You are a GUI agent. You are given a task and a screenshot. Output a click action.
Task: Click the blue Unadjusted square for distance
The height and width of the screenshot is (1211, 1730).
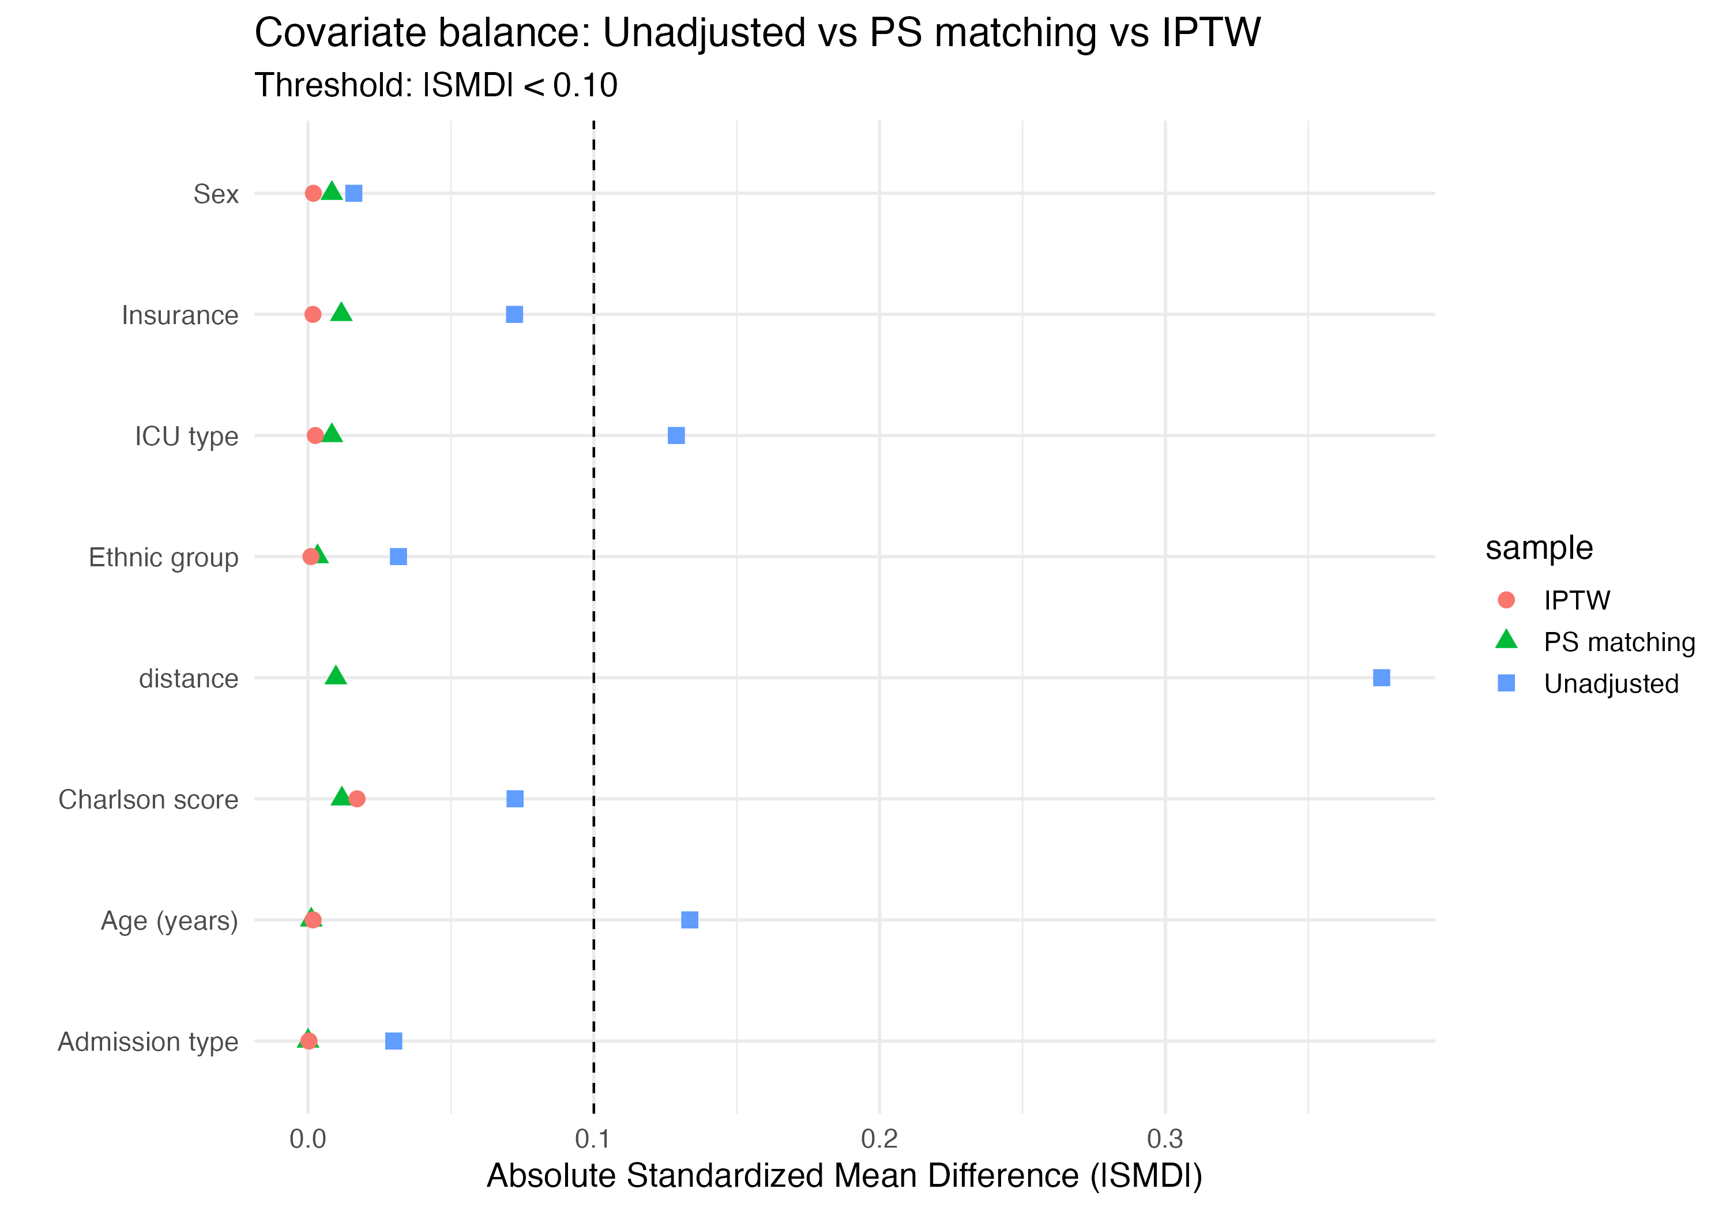click(x=1381, y=678)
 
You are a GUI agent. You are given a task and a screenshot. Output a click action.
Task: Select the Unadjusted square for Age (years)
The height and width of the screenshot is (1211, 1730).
click(x=690, y=919)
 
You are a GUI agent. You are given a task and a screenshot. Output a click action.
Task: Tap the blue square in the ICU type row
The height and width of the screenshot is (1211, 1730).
click(x=676, y=435)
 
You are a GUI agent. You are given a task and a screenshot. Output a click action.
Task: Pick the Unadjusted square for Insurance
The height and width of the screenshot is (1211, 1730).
click(x=514, y=314)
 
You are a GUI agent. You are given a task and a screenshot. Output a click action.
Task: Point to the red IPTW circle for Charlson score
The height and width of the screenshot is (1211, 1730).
click(x=357, y=799)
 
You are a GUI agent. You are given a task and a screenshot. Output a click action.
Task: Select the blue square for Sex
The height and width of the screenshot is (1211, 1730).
click(x=353, y=194)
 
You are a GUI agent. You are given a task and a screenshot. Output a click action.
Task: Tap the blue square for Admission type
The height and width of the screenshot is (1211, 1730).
click(x=393, y=1041)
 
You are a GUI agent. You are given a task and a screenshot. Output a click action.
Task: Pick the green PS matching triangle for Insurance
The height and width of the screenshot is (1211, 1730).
click(x=341, y=313)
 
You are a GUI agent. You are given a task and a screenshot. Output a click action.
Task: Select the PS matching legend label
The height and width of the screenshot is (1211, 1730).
click(x=1619, y=642)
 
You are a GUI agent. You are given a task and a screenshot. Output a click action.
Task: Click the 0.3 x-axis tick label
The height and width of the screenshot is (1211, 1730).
click(x=1165, y=1139)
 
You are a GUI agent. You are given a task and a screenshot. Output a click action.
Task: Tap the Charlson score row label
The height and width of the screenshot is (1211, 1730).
click(x=148, y=799)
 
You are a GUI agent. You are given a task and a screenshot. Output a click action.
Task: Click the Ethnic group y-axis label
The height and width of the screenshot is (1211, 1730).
click(x=164, y=558)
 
